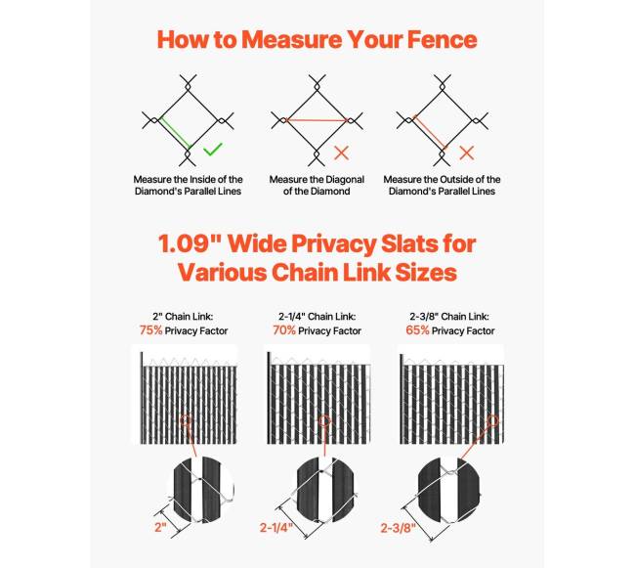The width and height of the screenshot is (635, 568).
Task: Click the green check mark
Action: point(213,150)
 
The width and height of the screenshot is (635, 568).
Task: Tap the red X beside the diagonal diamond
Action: point(342,153)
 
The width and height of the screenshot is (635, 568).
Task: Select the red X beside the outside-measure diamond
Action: point(467,153)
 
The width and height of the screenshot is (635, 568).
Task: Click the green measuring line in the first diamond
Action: point(175,132)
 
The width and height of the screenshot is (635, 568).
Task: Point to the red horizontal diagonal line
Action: point(317,120)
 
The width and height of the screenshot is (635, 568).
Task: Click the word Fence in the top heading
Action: point(443,40)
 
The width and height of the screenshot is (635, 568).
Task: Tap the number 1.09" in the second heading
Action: point(189,243)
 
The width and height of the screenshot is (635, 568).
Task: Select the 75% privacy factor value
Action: point(150,330)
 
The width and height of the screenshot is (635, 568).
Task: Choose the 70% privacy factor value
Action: point(284,330)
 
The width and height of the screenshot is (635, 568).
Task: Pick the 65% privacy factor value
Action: point(417,330)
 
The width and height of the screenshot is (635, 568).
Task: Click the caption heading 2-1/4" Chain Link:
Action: point(317,317)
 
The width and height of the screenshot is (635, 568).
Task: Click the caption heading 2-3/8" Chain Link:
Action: point(449,317)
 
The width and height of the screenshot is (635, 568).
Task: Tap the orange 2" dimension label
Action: point(160,528)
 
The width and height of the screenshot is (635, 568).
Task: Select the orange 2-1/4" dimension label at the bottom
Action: point(276,528)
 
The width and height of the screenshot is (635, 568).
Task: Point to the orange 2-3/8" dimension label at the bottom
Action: point(399,528)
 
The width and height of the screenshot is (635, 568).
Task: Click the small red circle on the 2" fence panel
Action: point(185,419)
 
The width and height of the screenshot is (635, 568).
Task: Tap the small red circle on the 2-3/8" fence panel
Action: point(492,420)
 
